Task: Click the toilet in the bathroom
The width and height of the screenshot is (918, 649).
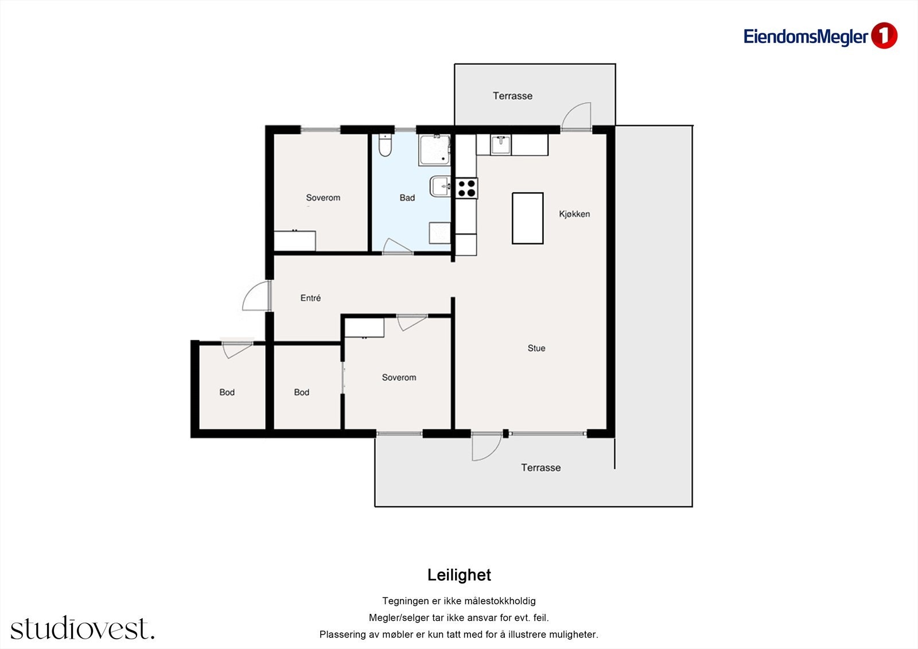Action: coord(385,145)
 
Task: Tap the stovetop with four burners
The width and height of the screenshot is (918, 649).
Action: coord(467,188)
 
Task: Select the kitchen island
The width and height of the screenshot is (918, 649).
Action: coord(527,218)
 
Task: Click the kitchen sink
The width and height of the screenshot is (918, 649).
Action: coord(500,145)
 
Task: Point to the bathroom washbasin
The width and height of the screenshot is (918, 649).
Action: coord(440,186)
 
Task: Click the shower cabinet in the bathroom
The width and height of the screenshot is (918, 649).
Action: coord(434,150)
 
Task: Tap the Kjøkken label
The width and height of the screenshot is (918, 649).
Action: coord(574,214)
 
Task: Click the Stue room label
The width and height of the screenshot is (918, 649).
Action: coord(536,348)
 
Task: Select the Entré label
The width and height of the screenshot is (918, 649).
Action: coord(310,298)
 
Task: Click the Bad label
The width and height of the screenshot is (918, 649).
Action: coord(407,197)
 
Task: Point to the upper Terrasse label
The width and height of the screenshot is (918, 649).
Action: coord(512,96)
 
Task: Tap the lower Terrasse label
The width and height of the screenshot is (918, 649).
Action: coord(540,468)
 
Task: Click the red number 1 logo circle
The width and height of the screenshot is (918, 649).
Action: coord(884,36)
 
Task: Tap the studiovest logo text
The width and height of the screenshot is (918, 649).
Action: coord(83,628)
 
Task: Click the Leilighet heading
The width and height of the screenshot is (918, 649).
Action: coord(459,575)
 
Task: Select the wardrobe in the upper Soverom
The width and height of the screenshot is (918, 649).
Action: coord(294,240)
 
